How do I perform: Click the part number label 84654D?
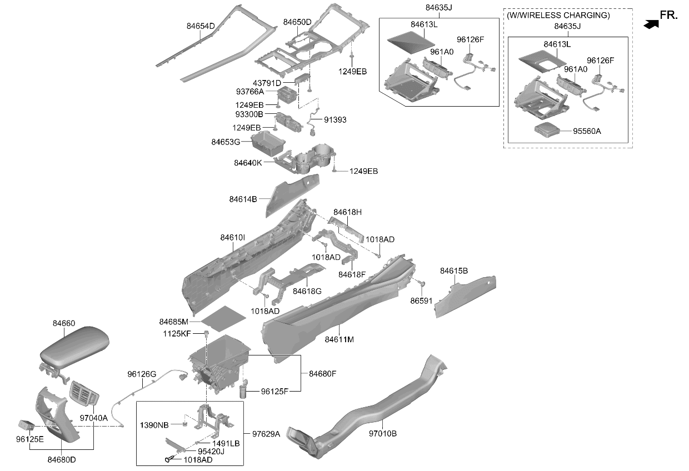(x=201, y=26)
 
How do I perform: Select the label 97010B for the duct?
(x=383, y=433)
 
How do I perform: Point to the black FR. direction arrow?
(x=651, y=24)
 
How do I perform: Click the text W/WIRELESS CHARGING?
(x=558, y=16)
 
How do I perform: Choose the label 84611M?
(x=339, y=339)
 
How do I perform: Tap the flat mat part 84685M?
(x=223, y=318)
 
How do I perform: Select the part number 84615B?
(x=454, y=271)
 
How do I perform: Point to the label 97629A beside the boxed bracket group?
(x=266, y=434)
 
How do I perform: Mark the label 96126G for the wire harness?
(x=142, y=374)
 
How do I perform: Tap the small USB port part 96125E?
(x=27, y=424)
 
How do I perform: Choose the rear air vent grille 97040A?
(x=84, y=395)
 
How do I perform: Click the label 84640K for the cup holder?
(x=248, y=163)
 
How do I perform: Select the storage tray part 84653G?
(x=268, y=143)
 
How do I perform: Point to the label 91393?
(x=335, y=119)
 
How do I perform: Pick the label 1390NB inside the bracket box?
(x=154, y=425)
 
